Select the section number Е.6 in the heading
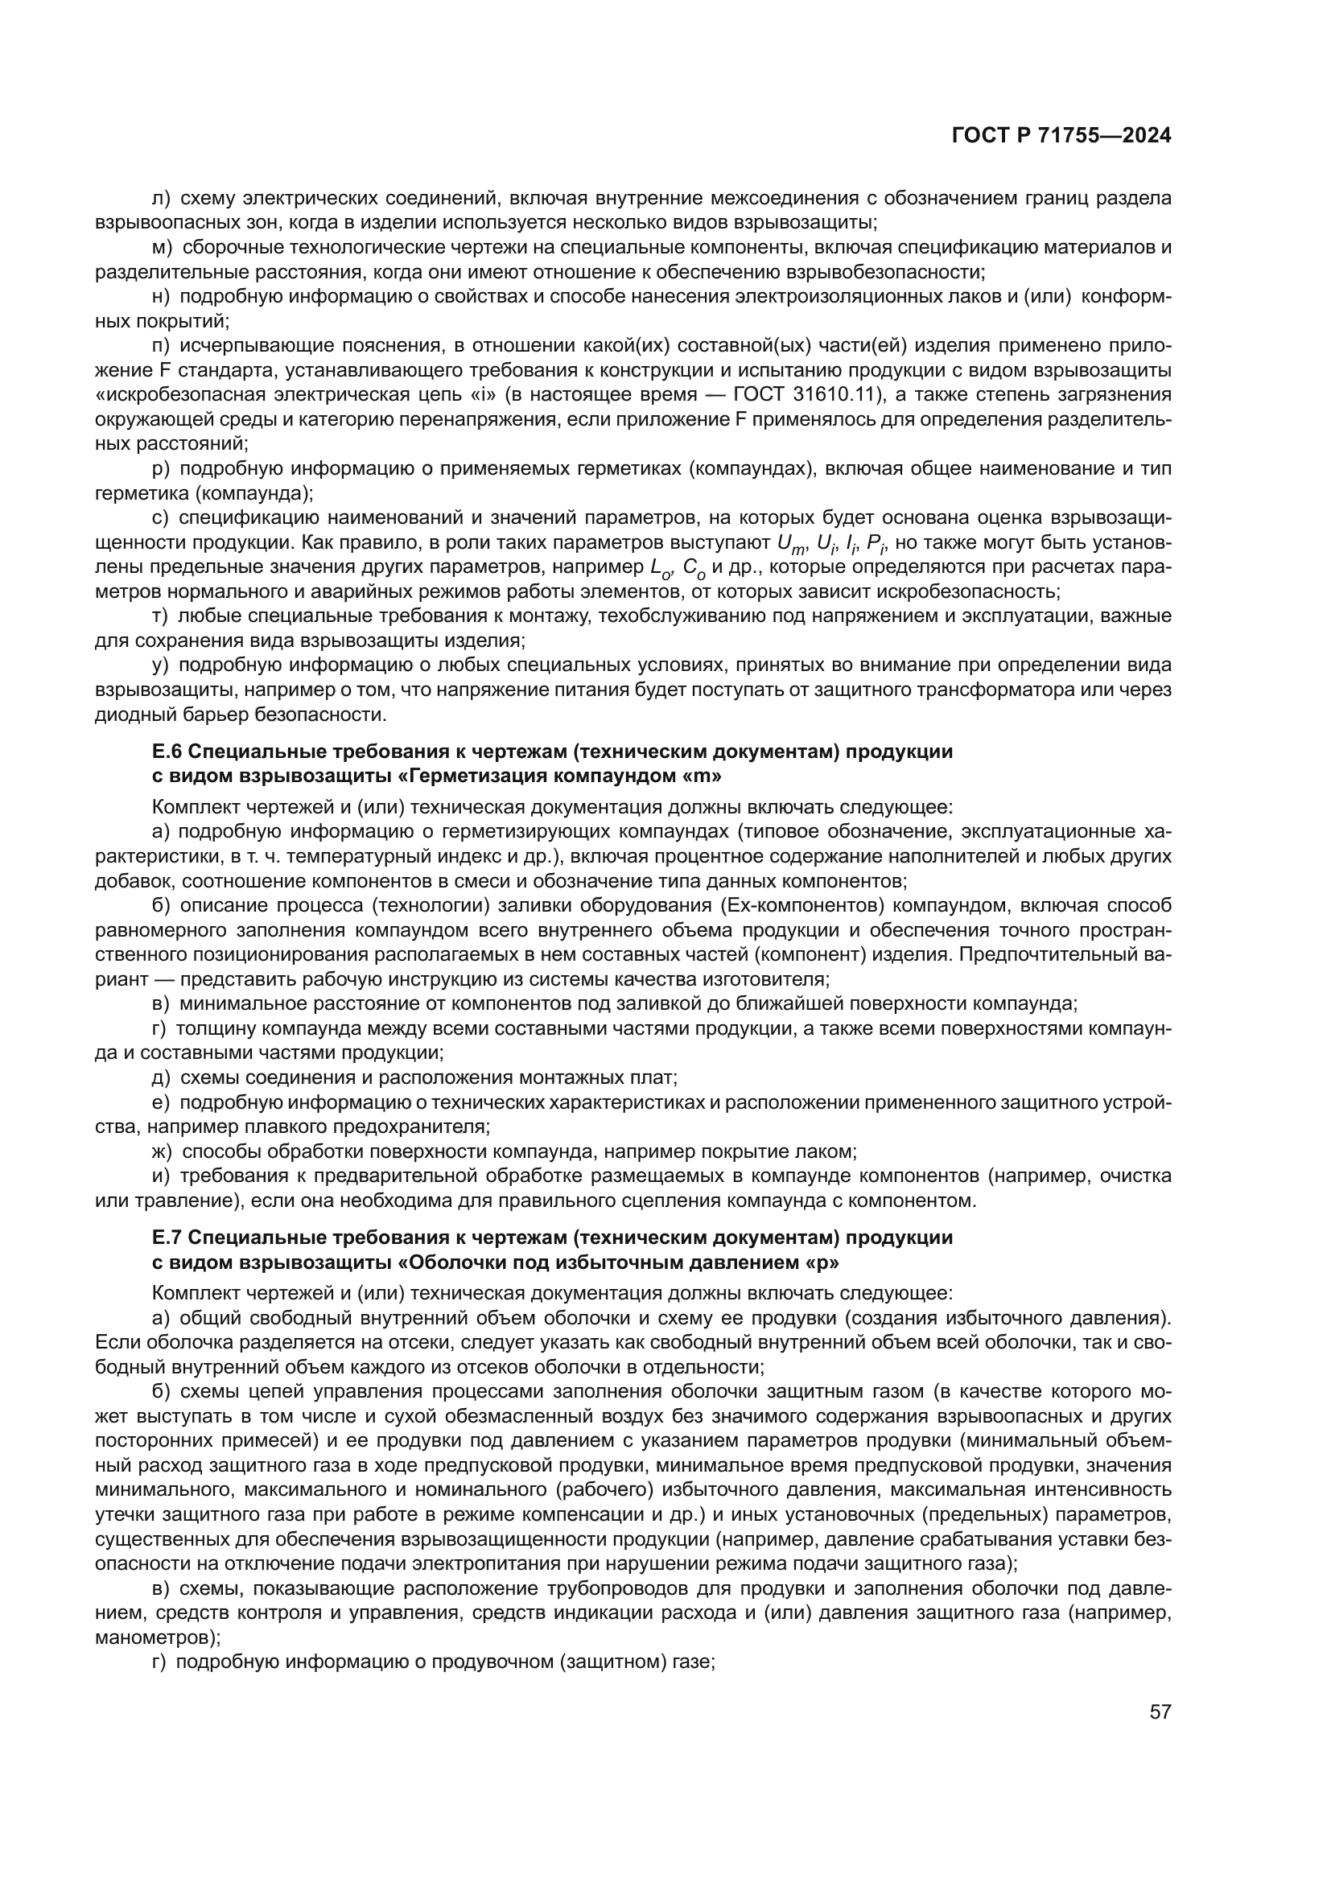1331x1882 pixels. (169, 751)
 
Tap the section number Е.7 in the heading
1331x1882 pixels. (169, 1236)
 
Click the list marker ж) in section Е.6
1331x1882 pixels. (163, 1151)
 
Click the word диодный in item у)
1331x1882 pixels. (126, 714)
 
